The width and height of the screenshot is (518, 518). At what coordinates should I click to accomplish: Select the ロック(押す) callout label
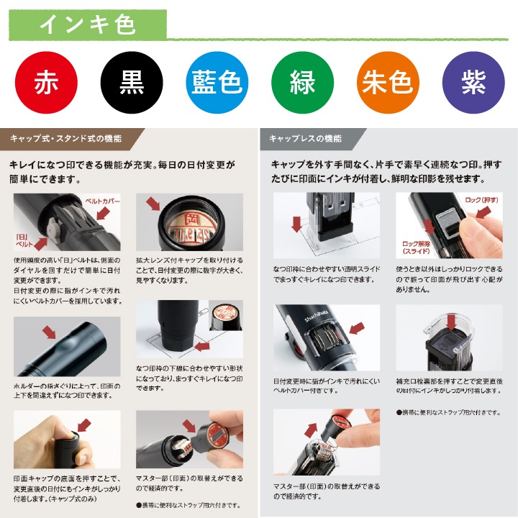pyautogui.click(x=482, y=199)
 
